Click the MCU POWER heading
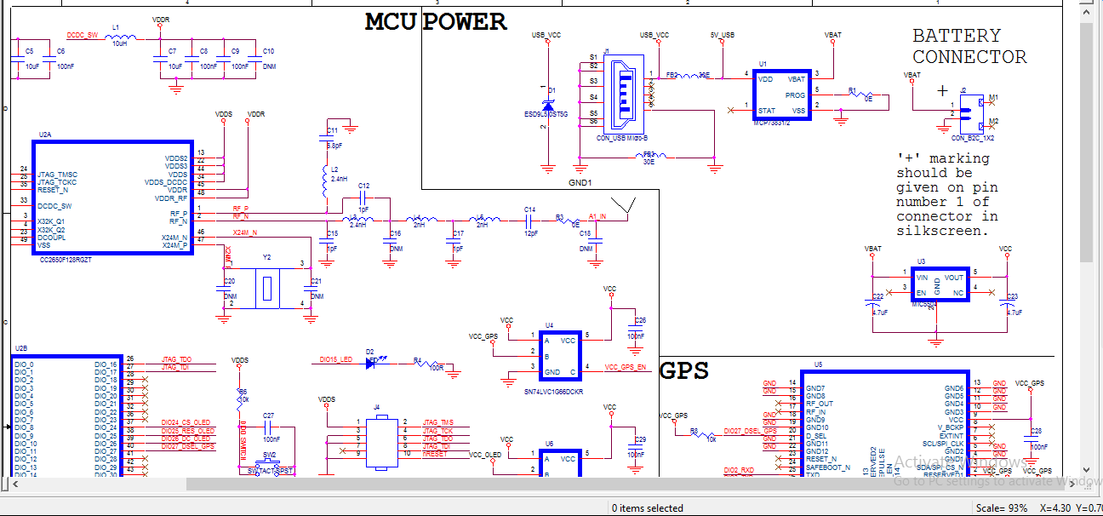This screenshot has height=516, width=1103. click(436, 22)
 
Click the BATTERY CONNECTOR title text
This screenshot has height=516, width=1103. click(969, 47)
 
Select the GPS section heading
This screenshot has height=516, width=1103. click(683, 370)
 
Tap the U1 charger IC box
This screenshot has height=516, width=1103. click(781, 95)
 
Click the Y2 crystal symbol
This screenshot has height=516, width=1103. click(267, 288)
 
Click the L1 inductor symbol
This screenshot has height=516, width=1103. click(123, 37)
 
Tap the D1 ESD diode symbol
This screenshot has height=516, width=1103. click(548, 104)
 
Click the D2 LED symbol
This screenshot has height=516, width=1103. click(371, 362)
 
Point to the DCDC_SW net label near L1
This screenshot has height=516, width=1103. click(83, 35)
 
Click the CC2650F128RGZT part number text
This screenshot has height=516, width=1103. click(65, 259)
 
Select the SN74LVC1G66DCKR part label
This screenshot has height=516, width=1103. click(554, 392)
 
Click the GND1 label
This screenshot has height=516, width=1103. click(580, 182)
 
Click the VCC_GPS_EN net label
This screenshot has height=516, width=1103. click(626, 367)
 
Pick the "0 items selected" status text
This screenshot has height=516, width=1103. click(648, 508)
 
